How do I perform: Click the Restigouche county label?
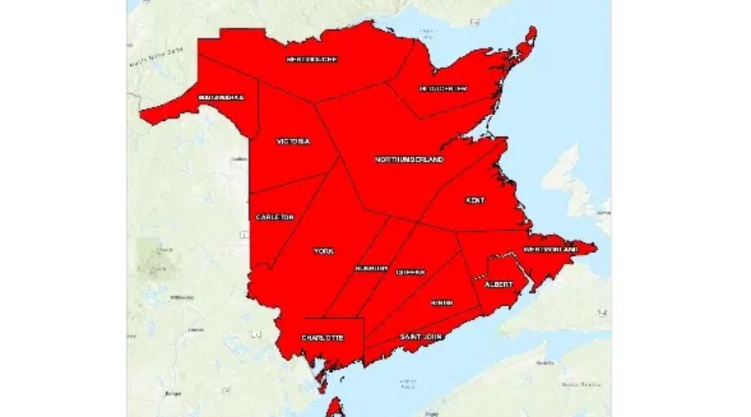[311, 60]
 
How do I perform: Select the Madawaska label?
[220, 98]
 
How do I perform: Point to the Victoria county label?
[293, 142]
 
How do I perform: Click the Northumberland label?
[409, 159]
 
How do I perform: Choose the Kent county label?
[476, 201]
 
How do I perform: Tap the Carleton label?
[275, 217]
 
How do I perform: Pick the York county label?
[323, 251]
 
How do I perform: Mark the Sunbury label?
[370, 269]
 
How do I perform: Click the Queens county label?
[410, 272]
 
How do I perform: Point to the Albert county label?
[498, 284]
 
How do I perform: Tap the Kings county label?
[441, 303]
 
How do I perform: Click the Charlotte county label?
[321, 338]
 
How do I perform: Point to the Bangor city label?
[174, 393]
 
